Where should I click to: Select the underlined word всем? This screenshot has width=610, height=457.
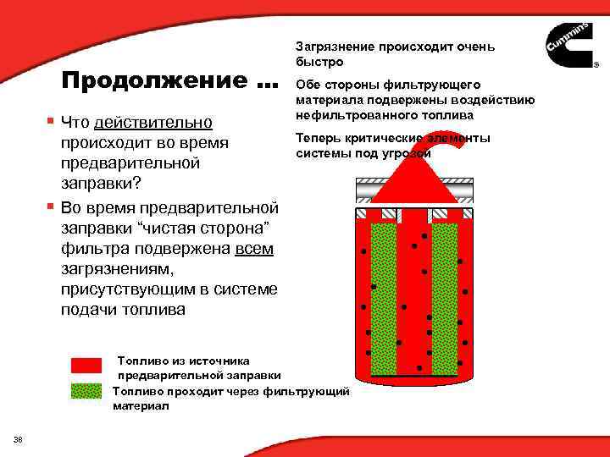tap(254, 249)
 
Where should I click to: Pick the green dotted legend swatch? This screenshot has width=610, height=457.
tap(86, 391)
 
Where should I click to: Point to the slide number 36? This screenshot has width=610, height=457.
tap(18, 438)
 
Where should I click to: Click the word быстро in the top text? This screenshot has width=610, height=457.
tap(320, 63)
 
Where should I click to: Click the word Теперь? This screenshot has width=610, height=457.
tap(319, 138)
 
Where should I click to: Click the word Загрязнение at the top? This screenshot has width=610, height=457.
tap(336, 47)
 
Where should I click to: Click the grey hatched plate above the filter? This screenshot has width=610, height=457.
tap(413, 185)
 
